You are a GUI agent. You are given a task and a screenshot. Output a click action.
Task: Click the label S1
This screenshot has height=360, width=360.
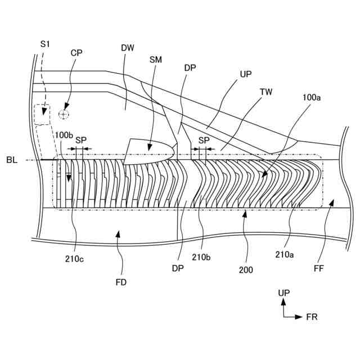[45, 43]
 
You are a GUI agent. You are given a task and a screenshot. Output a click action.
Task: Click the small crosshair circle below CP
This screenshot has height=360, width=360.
[64, 114]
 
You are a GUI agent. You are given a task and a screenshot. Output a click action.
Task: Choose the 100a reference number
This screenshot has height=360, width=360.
[312, 97]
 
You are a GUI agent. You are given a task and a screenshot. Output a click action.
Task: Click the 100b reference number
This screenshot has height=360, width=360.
[63, 136]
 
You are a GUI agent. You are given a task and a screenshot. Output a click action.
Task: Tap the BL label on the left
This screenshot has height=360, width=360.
[12, 160]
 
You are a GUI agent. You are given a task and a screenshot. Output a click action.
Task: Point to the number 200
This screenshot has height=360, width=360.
[245, 269]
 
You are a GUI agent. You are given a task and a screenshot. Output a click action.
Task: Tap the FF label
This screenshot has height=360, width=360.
[319, 268]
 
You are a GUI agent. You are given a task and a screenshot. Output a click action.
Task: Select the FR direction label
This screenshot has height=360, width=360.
[312, 317]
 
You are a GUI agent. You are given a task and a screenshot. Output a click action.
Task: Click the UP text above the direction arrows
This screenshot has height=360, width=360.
[284, 293]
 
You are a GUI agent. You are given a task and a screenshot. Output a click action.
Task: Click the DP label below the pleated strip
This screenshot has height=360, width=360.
[178, 268]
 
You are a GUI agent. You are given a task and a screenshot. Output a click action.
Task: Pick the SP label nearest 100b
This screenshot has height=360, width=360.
[81, 139]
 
